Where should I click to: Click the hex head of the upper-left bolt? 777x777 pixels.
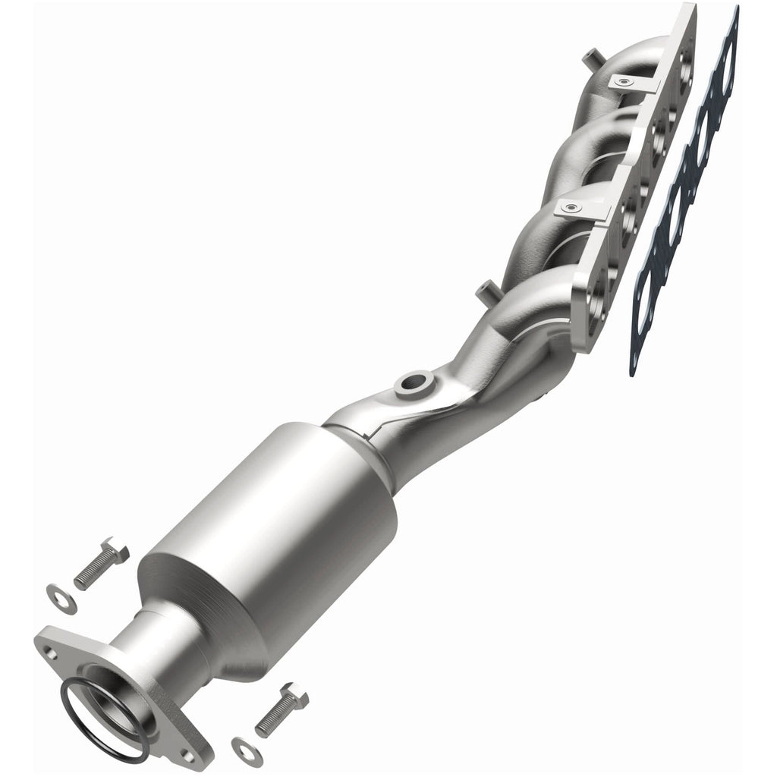pos(115,548)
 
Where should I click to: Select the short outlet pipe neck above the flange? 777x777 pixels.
pos(163,645)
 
